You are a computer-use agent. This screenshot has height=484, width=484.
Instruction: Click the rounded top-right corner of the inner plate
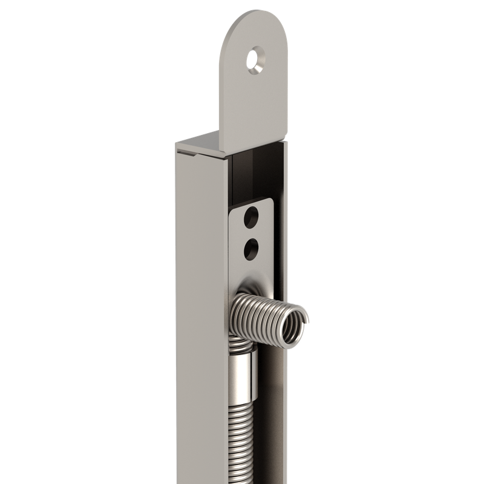coord(270,203)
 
